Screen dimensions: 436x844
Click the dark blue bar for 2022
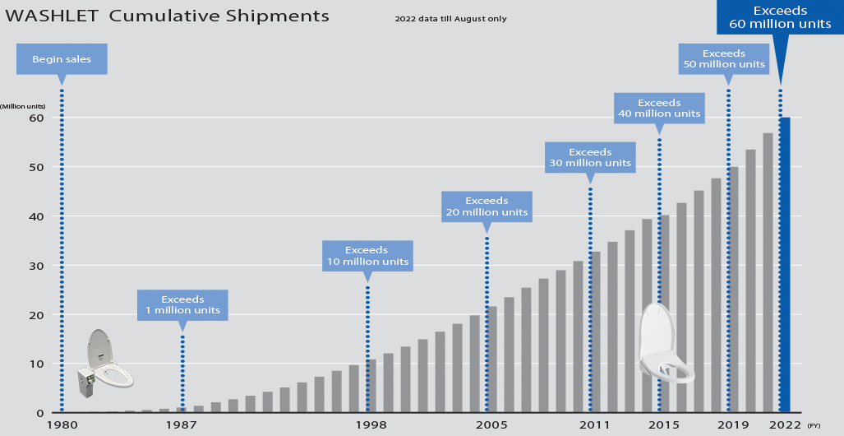[784, 265]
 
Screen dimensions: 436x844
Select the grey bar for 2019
[733, 290]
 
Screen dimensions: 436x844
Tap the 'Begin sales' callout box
[62, 59]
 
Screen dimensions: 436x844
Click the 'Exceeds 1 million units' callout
[182, 304]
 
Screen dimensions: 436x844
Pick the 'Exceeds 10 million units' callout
[367, 255]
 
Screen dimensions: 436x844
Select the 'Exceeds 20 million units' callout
[487, 206]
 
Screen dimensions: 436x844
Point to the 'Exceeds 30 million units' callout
[590, 157]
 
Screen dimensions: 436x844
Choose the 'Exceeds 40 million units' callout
[659, 108]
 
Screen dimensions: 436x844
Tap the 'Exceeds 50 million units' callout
[724, 58]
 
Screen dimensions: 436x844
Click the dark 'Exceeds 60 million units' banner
[780, 17]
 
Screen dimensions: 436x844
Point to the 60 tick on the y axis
[36, 117]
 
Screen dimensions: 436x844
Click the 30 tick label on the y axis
[36, 265]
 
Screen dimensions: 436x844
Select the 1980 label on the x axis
[62, 424]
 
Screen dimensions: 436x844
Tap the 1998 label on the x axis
[371, 424]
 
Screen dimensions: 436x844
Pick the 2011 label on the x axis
[594, 424]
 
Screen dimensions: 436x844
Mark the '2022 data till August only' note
[450, 18]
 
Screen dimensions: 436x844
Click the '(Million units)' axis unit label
[23, 106]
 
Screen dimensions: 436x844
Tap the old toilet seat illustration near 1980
[105, 364]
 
